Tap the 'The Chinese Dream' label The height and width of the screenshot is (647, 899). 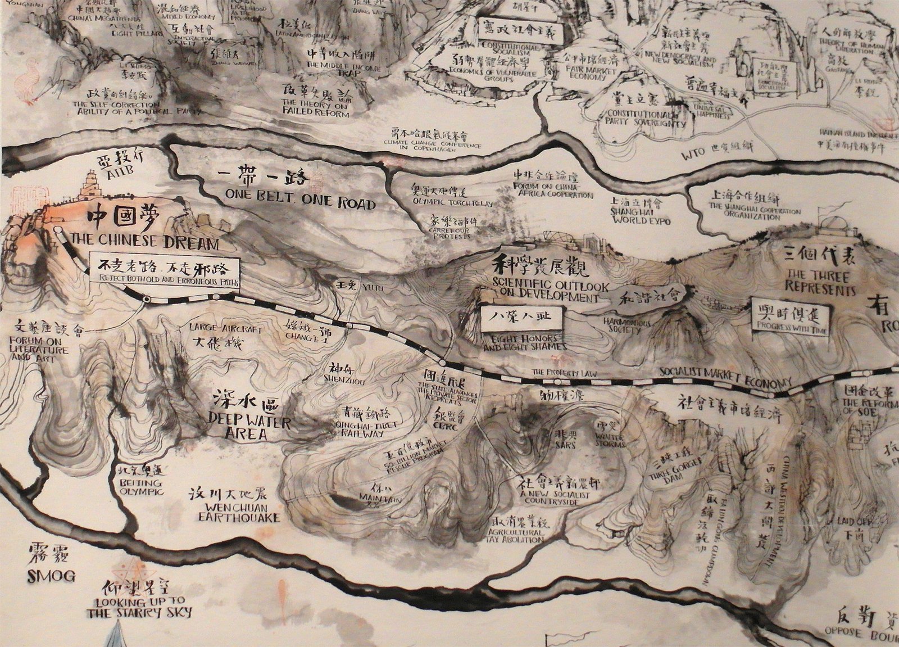pos(143,243)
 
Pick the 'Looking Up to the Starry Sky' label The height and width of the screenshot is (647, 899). pos(139,607)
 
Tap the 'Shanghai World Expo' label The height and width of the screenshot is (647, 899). pos(641,216)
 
